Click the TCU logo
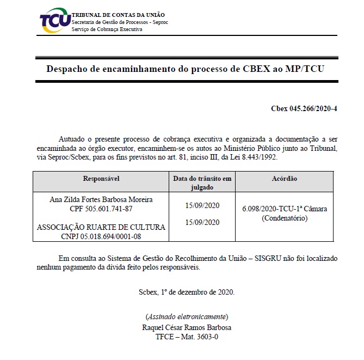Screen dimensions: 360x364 click(x=54, y=21)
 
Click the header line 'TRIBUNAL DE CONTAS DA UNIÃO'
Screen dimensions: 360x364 click(x=119, y=14)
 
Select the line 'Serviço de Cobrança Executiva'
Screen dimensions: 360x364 click(x=107, y=29)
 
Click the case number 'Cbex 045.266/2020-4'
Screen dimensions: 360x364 click(x=304, y=108)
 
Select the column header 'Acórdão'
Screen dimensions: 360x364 click(x=284, y=179)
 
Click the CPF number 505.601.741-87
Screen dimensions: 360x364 click(x=101, y=209)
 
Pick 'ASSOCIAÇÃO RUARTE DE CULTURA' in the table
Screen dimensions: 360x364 click(x=101, y=228)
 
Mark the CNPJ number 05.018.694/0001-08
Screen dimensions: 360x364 click(x=101, y=236)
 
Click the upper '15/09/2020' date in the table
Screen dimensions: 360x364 click(x=202, y=205)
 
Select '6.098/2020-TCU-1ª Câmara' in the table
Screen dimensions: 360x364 click(x=285, y=210)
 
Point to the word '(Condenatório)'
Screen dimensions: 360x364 click(x=285, y=218)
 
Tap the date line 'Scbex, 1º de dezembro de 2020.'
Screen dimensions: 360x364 click(x=187, y=292)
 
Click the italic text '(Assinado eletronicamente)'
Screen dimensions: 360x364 click(x=187, y=317)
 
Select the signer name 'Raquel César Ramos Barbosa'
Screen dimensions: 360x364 click(x=187, y=328)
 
